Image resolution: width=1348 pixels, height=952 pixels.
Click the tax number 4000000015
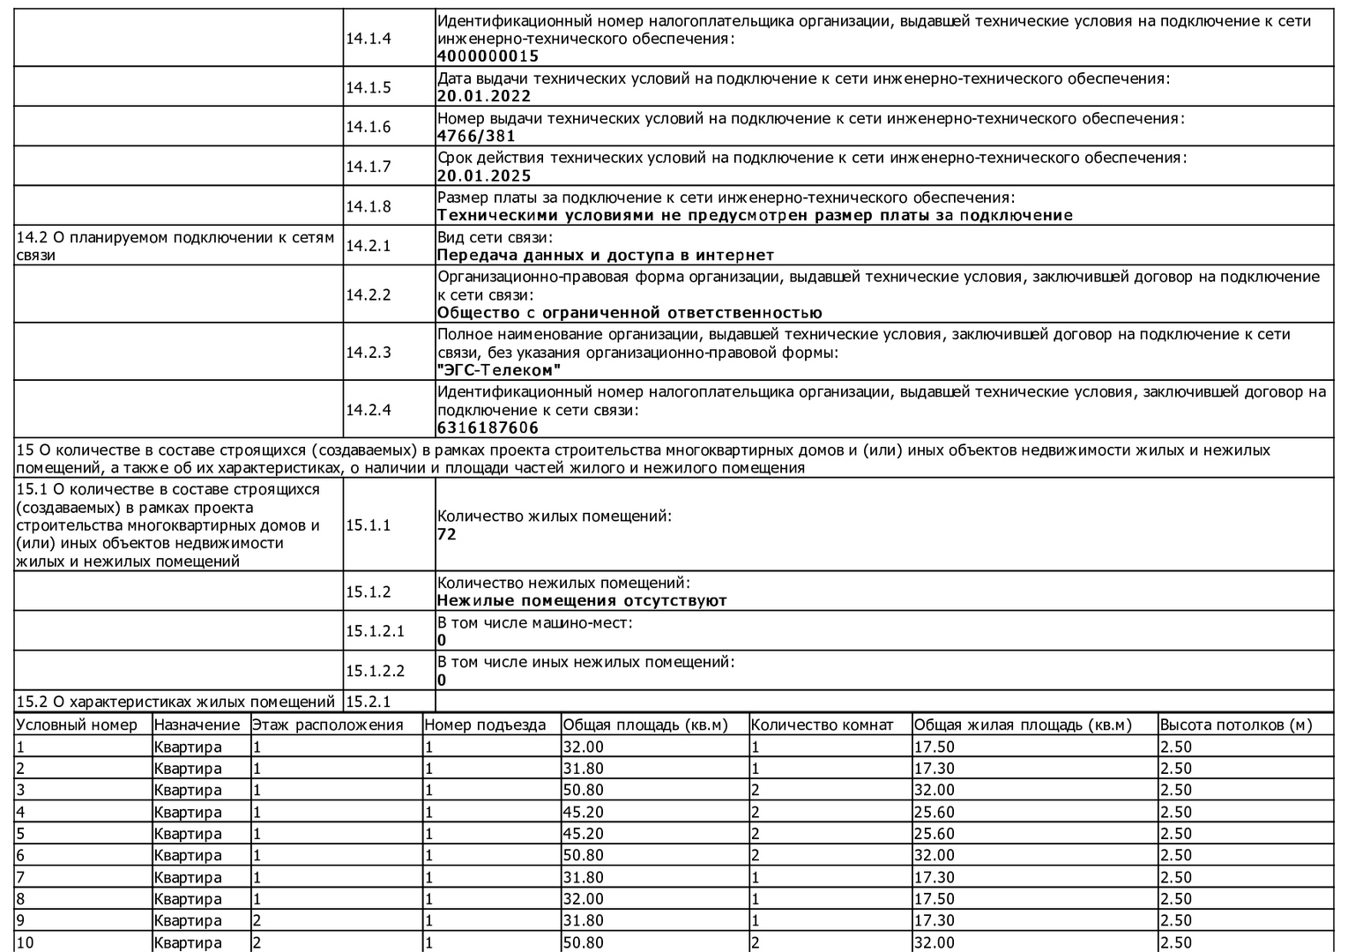[x=488, y=56]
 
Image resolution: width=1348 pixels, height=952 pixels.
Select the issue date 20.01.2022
[x=484, y=96]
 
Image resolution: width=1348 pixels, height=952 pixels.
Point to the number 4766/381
[x=476, y=136]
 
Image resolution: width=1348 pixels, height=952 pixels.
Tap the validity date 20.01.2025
[x=484, y=175]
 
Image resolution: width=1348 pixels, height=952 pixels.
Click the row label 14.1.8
[x=368, y=206]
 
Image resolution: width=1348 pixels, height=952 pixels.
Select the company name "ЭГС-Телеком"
[x=499, y=370]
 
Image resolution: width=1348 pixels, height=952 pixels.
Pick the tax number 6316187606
[x=488, y=428]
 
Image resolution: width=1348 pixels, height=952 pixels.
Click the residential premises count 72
[x=447, y=534]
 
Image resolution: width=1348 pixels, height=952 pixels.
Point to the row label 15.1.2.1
[x=375, y=631]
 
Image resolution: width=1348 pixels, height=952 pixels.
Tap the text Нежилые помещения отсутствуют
[x=582, y=600]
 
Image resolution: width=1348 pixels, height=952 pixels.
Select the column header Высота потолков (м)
[x=1235, y=725]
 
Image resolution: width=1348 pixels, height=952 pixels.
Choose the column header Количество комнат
[x=822, y=725]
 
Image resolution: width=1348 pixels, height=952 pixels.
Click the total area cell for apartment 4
[x=583, y=812]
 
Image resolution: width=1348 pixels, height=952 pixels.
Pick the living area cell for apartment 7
[x=934, y=877]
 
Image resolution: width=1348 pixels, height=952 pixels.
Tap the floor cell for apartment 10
[x=257, y=942]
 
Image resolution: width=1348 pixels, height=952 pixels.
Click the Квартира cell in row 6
[x=187, y=855]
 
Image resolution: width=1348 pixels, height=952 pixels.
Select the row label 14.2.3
[x=368, y=352]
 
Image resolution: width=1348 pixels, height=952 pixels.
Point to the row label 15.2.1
[x=368, y=702]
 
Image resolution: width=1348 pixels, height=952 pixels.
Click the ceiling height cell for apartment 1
[x=1176, y=747]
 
